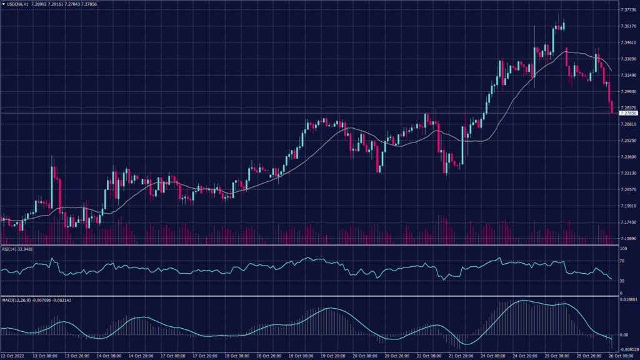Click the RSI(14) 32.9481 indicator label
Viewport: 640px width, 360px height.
click(x=17, y=249)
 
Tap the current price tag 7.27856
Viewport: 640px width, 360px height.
click(x=627, y=114)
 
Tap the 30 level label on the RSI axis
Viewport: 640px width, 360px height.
click(x=622, y=281)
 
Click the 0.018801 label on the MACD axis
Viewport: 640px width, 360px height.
click(x=628, y=300)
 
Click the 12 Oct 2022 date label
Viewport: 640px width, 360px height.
click(x=13, y=356)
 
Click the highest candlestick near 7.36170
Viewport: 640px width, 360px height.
click(x=564, y=25)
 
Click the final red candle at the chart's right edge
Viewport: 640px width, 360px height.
click(x=611, y=106)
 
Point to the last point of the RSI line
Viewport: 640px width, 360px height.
click(x=611, y=279)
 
